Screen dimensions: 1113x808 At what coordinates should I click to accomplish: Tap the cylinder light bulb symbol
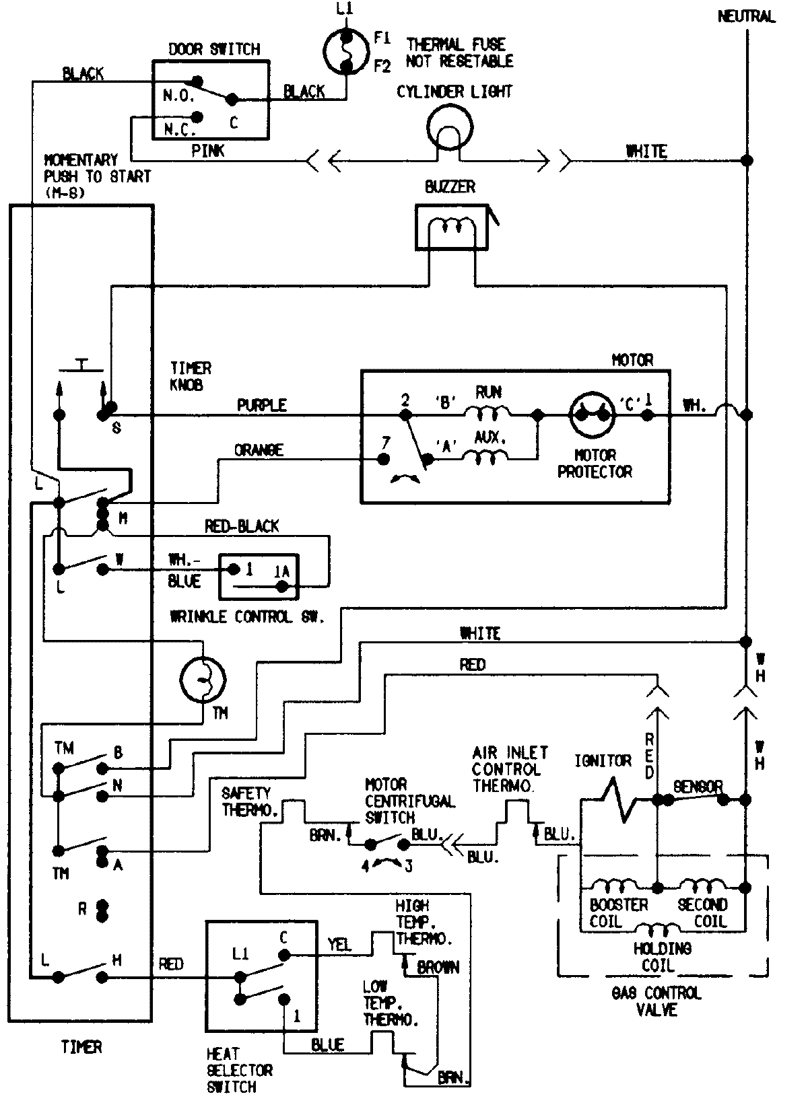click(449, 128)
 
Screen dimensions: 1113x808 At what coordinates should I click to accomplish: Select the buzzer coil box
click(449, 227)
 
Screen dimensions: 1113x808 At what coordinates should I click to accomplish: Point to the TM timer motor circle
click(203, 680)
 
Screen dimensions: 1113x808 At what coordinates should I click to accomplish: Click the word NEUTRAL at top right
click(746, 16)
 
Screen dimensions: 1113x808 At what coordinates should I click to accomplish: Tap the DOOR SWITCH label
click(213, 49)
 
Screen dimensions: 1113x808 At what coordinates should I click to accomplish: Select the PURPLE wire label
click(262, 405)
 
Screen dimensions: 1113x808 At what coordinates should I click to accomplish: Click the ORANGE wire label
click(259, 450)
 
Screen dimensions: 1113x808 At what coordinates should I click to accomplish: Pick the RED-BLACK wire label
click(242, 526)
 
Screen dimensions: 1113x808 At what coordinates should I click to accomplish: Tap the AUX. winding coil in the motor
click(489, 457)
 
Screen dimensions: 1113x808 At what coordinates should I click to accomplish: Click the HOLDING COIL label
click(661, 957)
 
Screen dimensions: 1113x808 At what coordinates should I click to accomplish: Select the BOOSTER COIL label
click(618, 913)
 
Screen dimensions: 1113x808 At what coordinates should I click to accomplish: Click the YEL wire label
click(339, 945)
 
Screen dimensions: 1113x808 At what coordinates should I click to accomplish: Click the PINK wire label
click(208, 151)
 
